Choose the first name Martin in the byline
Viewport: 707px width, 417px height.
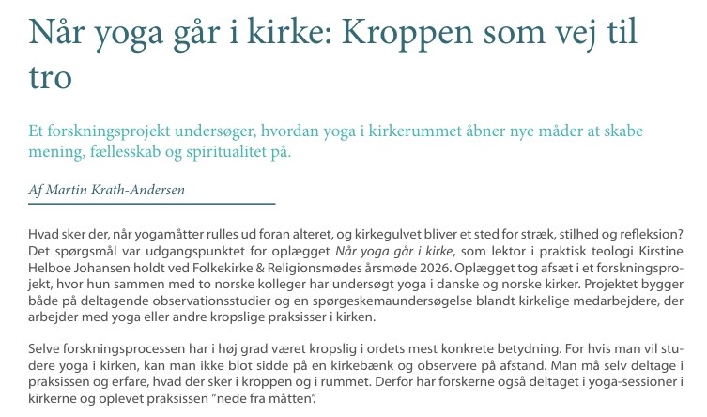pos(71,189)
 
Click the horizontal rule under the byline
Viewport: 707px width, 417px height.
pos(151,203)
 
